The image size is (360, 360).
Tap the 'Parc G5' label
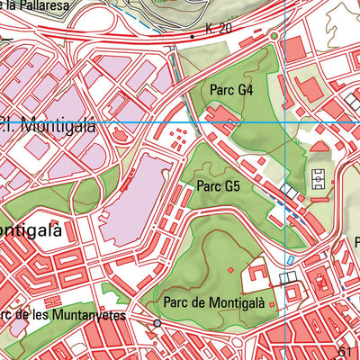click(219, 187)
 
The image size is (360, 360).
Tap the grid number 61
click(348, 351)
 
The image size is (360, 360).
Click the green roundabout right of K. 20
click(273, 36)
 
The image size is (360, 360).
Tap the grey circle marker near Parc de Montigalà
click(157, 322)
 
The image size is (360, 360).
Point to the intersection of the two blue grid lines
click(284, 121)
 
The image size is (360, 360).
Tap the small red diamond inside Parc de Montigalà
click(231, 269)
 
